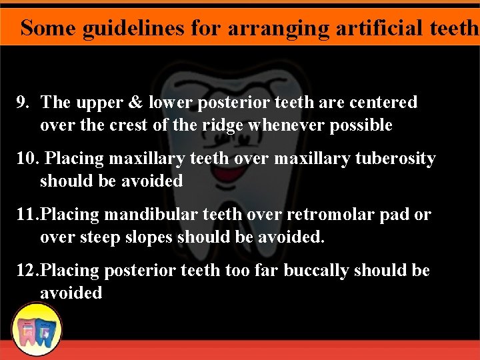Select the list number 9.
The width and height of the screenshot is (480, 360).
[23, 103]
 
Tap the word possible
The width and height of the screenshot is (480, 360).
[359, 125]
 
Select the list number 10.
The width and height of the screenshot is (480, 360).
[26, 159]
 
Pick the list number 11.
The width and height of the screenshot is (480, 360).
[26, 215]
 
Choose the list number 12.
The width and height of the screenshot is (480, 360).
[27, 271]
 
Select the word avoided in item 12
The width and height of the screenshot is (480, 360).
[71, 293]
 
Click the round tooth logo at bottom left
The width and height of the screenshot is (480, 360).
[37, 329]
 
